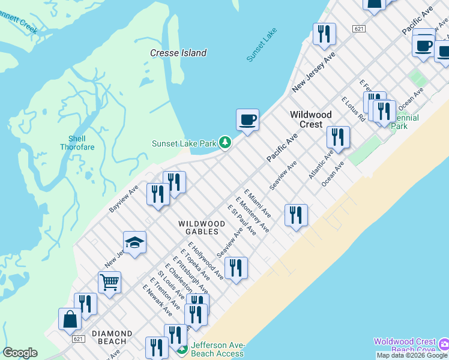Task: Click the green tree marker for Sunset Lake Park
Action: (224, 142)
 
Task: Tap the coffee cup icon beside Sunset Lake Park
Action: (247, 120)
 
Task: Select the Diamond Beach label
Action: (112, 337)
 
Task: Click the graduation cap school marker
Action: (134, 243)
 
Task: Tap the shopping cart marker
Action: (109, 282)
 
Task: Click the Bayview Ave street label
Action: (124, 198)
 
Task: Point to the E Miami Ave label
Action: (258, 203)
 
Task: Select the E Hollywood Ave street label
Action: (206, 261)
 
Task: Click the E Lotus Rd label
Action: (353, 109)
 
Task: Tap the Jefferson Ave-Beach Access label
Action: (218, 350)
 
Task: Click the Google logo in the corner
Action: (20, 353)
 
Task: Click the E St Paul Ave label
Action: (242, 220)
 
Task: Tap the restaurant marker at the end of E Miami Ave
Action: (296, 215)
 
